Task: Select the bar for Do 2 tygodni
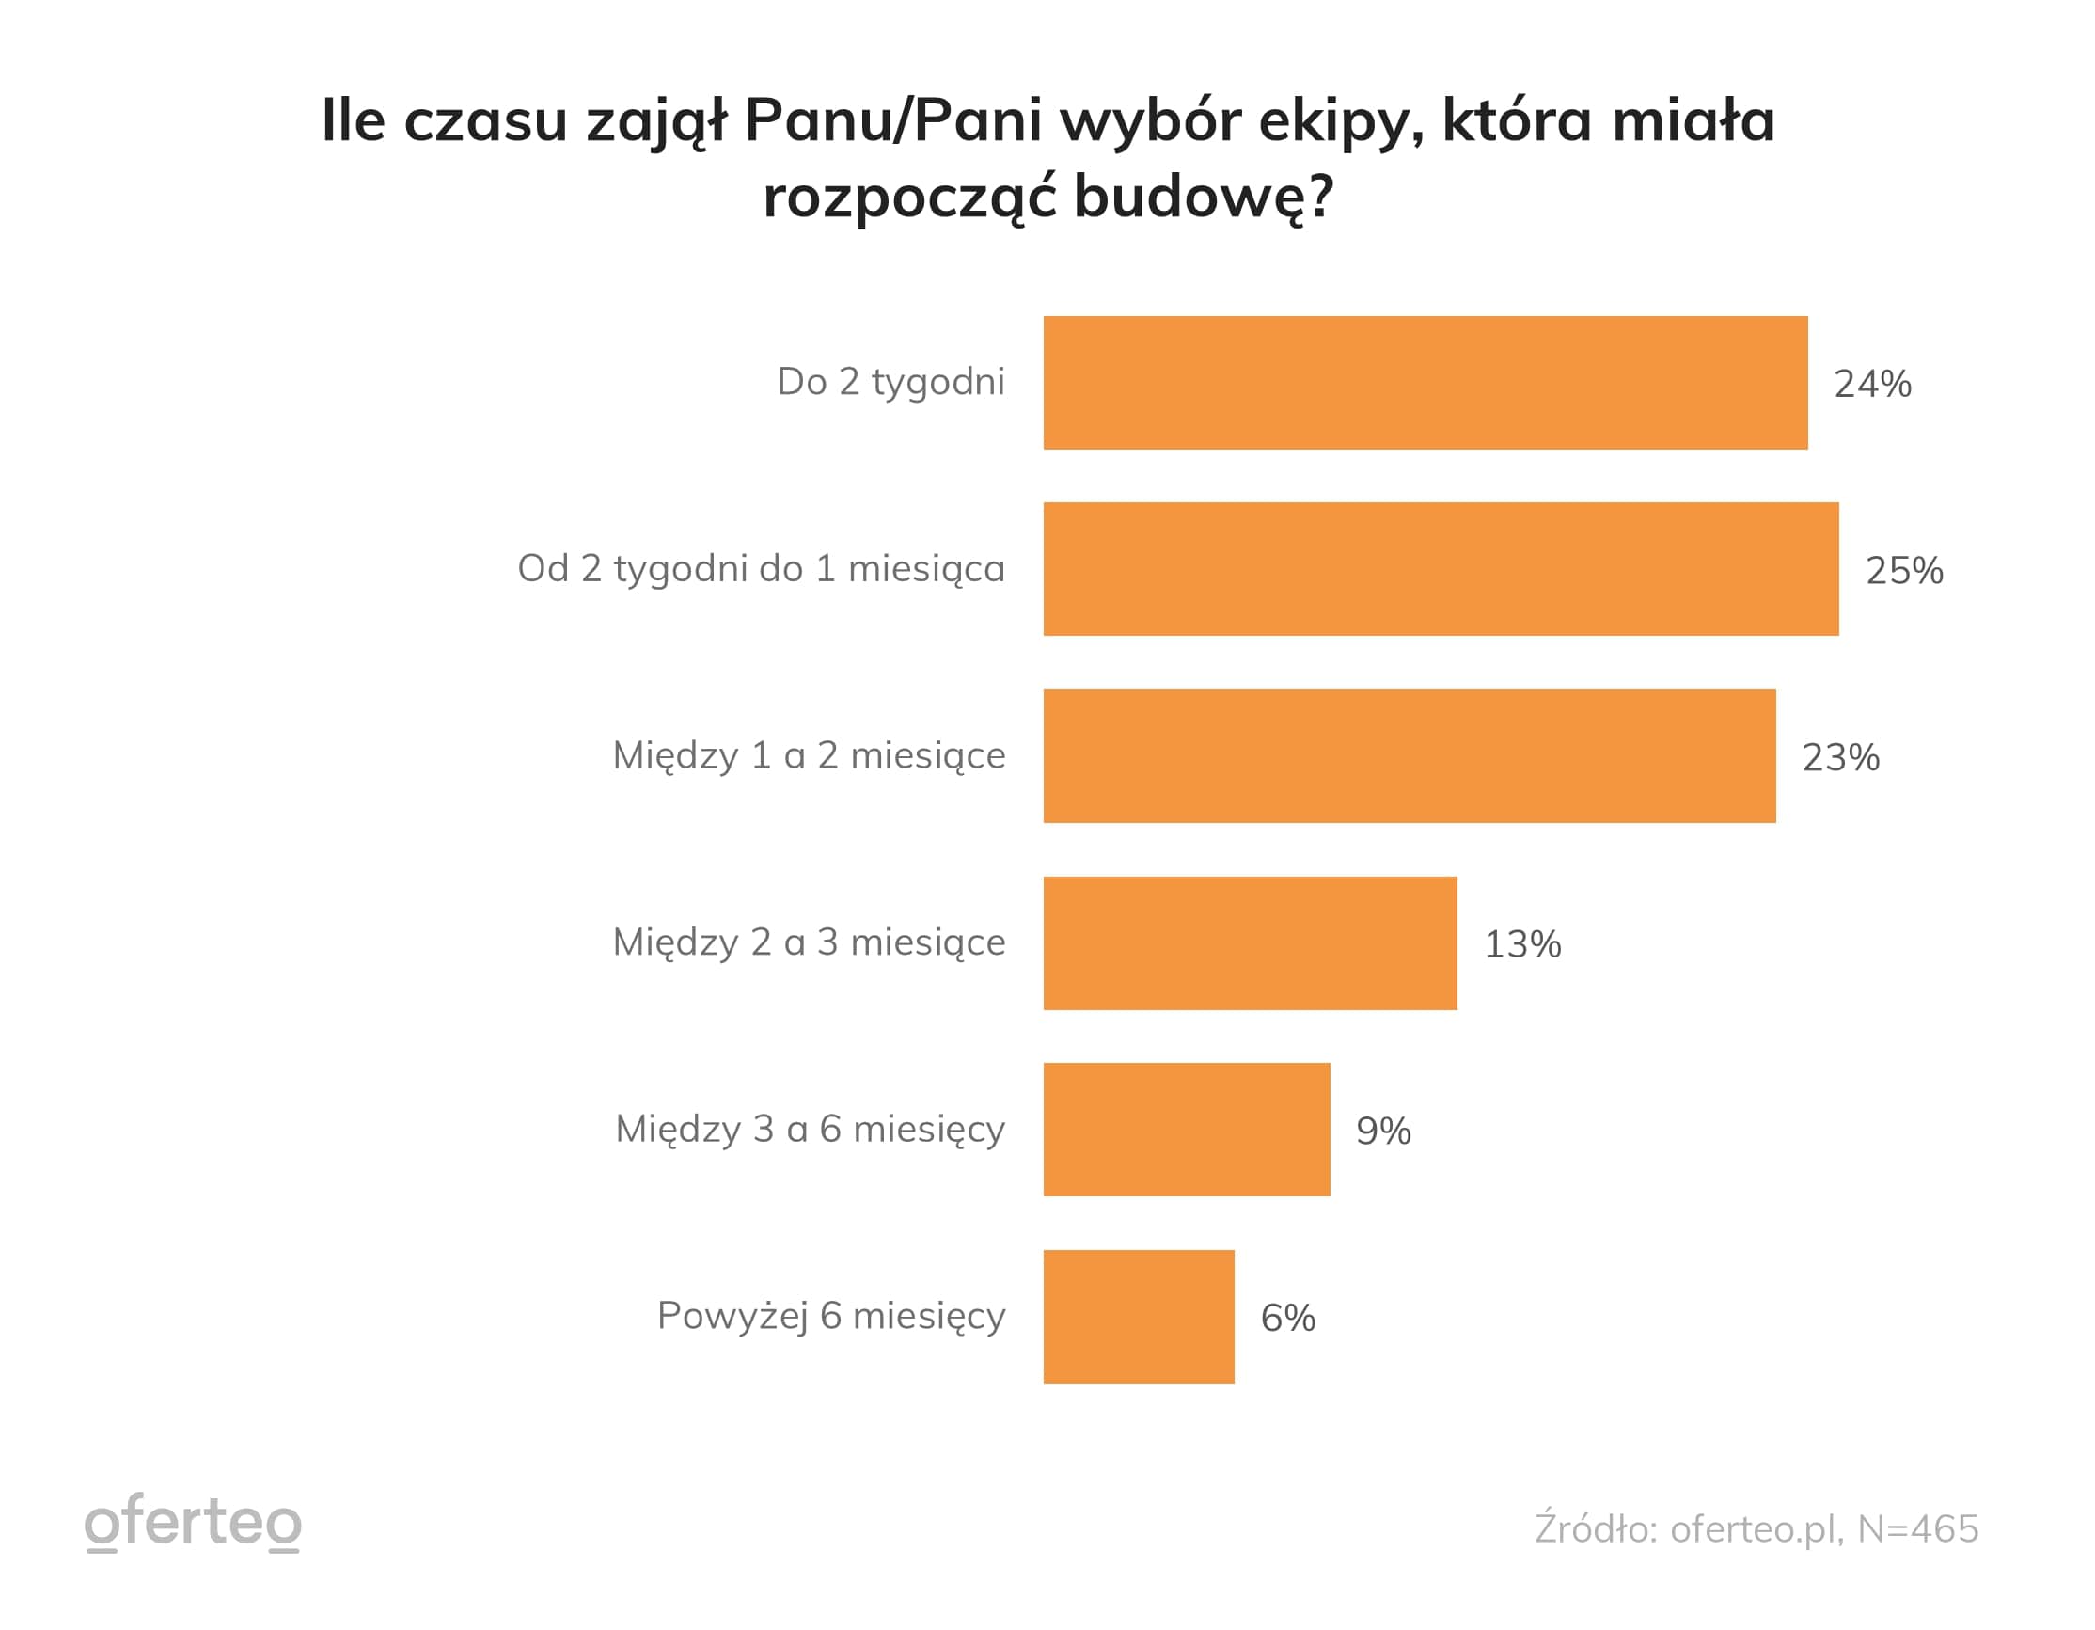click(x=1426, y=383)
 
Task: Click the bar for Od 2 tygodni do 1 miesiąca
click(x=1441, y=569)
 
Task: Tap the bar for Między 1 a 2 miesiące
click(x=1410, y=756)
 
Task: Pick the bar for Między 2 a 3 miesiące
click(x=1250, y=943)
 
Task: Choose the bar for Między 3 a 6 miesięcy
click(x=1187, y=1130)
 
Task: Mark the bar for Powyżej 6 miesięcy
click(x=1139, y=1316)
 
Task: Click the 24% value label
click(x=1872, y=384)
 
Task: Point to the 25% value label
click(x=1904, y=571)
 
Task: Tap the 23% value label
click(x=1840, y=758)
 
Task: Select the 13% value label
click(x=1522, y=945)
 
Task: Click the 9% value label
click(x=1382, y=1132)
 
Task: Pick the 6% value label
click(x=1287, y=1318)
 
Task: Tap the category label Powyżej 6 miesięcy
click(x=830, y=1316)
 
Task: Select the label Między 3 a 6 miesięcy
click(x=810, y=1130)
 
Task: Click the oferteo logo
click(x=193, y=1523)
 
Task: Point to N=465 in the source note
click(x=1918, y=1529)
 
